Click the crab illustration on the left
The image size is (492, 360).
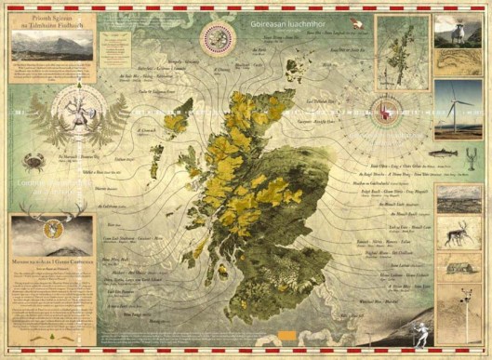(x=35, y=163)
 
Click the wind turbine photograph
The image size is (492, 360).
(x=458, y=109)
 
